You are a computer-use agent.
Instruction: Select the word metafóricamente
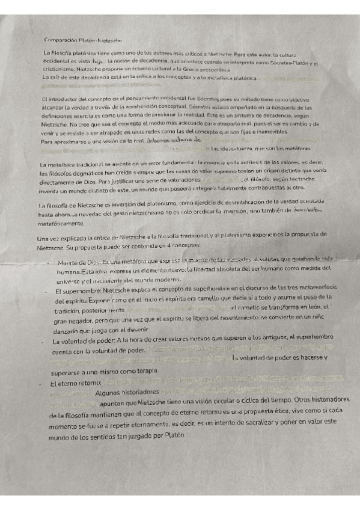63,223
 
